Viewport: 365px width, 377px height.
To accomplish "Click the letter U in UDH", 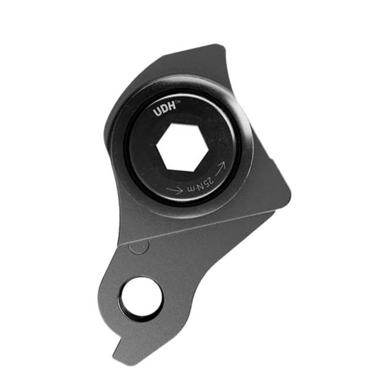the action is coord(158,112).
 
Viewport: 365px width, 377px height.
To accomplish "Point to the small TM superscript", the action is coord(178,102).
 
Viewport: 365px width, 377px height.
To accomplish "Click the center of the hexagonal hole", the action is coord(182,147).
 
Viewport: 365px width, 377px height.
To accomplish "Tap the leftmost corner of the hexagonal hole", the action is coord(157,145).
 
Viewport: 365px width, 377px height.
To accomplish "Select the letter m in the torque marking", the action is coord(191,189).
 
